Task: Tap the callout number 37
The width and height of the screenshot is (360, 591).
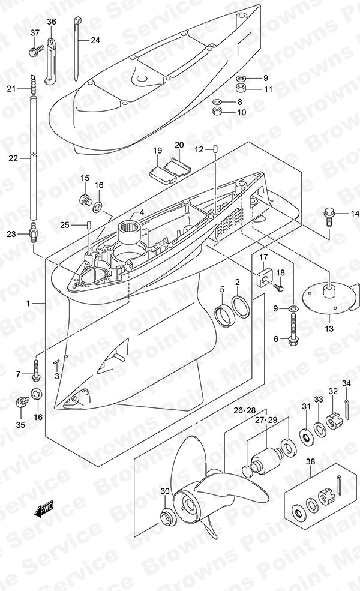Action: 35,33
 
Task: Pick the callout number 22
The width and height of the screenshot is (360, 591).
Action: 13,158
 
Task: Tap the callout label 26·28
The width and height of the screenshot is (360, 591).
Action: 244,410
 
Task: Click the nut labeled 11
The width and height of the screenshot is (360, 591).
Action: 241,89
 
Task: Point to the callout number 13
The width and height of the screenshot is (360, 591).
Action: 329,329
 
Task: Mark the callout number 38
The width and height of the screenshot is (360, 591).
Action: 310,461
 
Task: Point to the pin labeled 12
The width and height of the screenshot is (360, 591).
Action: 215,149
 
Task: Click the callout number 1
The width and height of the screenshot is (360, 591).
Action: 28,303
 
